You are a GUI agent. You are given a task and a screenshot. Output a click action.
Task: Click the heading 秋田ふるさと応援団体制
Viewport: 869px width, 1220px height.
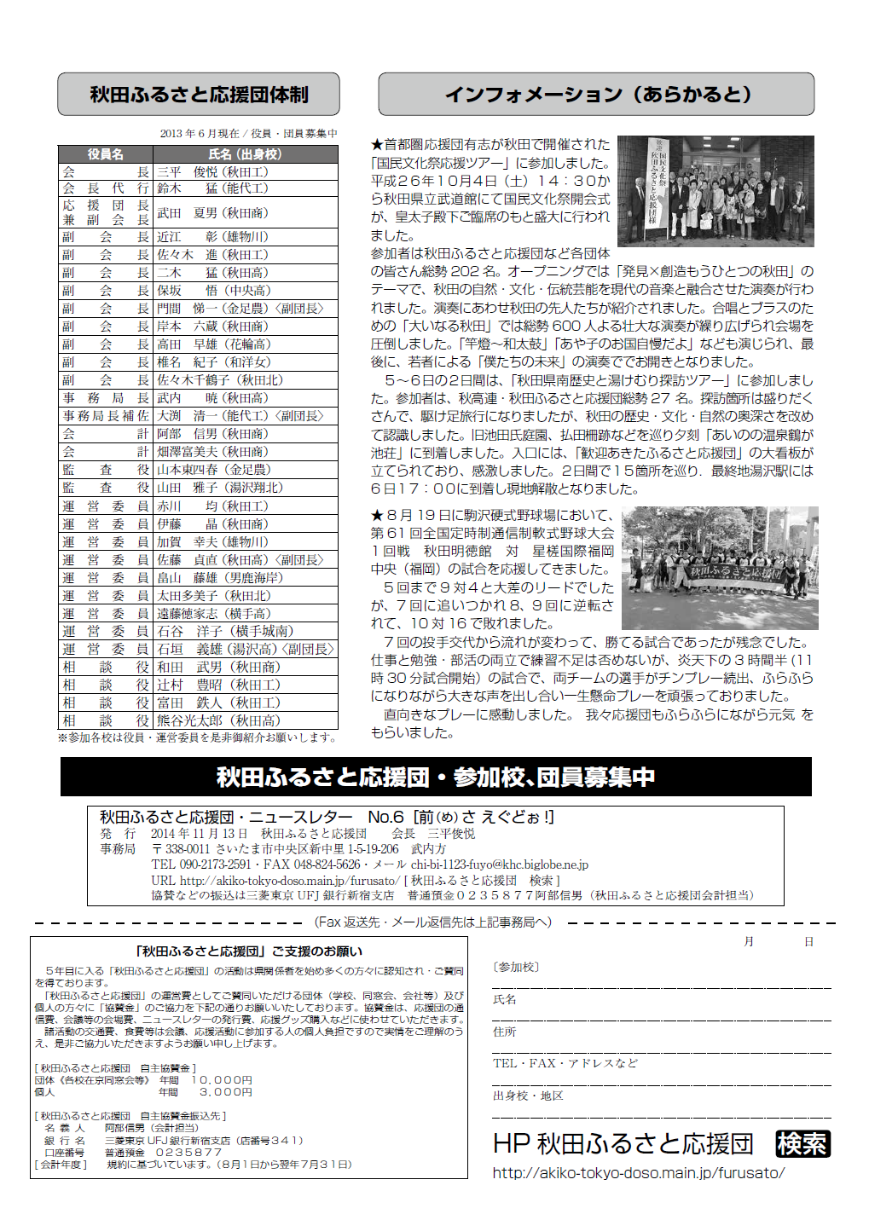(199, 95)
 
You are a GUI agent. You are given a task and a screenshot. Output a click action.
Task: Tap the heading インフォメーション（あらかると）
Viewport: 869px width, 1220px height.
(597, 94)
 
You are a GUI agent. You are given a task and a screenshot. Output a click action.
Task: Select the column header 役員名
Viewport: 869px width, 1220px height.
(106, 154)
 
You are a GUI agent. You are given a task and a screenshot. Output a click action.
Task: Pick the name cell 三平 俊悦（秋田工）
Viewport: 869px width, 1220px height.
(212, 171)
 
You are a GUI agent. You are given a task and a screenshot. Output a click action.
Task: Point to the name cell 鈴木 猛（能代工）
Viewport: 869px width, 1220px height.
(212, 188)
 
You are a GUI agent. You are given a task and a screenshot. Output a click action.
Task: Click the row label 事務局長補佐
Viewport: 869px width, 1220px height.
(106, 416)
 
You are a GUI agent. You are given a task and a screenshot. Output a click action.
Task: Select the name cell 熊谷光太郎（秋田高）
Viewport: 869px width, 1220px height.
(218, 720)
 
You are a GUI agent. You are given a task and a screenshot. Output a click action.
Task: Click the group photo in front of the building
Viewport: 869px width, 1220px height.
(715, 191)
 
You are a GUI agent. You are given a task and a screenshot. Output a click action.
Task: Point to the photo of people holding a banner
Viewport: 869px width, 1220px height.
(720, 568)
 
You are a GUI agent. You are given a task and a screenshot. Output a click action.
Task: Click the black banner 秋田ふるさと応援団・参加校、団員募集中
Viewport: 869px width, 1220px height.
(436, 777)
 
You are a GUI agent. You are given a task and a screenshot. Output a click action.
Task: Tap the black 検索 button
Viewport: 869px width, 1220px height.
(802, 1144)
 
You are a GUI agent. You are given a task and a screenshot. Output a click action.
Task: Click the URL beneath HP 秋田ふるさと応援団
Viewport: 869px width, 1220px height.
(639, 1173)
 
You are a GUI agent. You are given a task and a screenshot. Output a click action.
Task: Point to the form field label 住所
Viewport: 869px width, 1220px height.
(504, 1032)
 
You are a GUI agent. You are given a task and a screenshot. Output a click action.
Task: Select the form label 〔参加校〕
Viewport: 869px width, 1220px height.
(515, 967)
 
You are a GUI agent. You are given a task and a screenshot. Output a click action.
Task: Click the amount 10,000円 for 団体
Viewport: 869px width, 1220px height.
(222, 1080)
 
